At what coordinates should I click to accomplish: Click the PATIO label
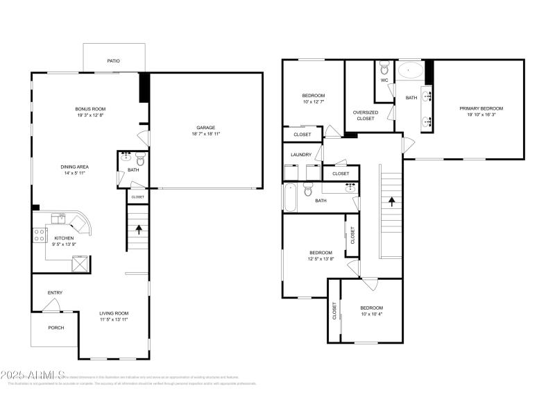pyautogui.click(x=113, y=61)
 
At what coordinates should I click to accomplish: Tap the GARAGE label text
pyautogui.click(x=206, y=128)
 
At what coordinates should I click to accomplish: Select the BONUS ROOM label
pyautogui.click(x=90, y=109)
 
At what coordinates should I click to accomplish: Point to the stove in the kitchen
pyautogui.click(x=39, y=235)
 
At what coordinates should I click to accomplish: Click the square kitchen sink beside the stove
pyautogui.click(x=58, y=217)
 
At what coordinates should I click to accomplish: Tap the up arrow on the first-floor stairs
pyautogui.click(x=138, y=228)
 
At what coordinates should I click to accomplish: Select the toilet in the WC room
pyautogui.click(x=384, y=69)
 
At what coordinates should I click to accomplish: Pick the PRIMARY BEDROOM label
pyautogui.click(x=481, y=108)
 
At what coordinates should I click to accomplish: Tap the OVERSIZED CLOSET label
pyautogui.click(x=366, y=115)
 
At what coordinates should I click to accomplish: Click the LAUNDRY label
pyautogui.click(x=300, y=154)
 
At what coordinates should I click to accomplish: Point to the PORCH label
pyautogui.click(x=55, y=328)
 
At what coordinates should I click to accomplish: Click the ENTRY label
pyautogui.click(x=55, y=292)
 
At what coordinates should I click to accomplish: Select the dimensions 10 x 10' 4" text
pyautogui.click(x=371, y=315)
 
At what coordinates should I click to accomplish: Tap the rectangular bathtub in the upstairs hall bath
pyautogui.click(x=291, y=196)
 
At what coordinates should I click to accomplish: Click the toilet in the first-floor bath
pyautogui.click(x=139, y=157)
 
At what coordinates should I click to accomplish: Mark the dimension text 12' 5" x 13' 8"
pyautogui.click(x=321, y=259)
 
